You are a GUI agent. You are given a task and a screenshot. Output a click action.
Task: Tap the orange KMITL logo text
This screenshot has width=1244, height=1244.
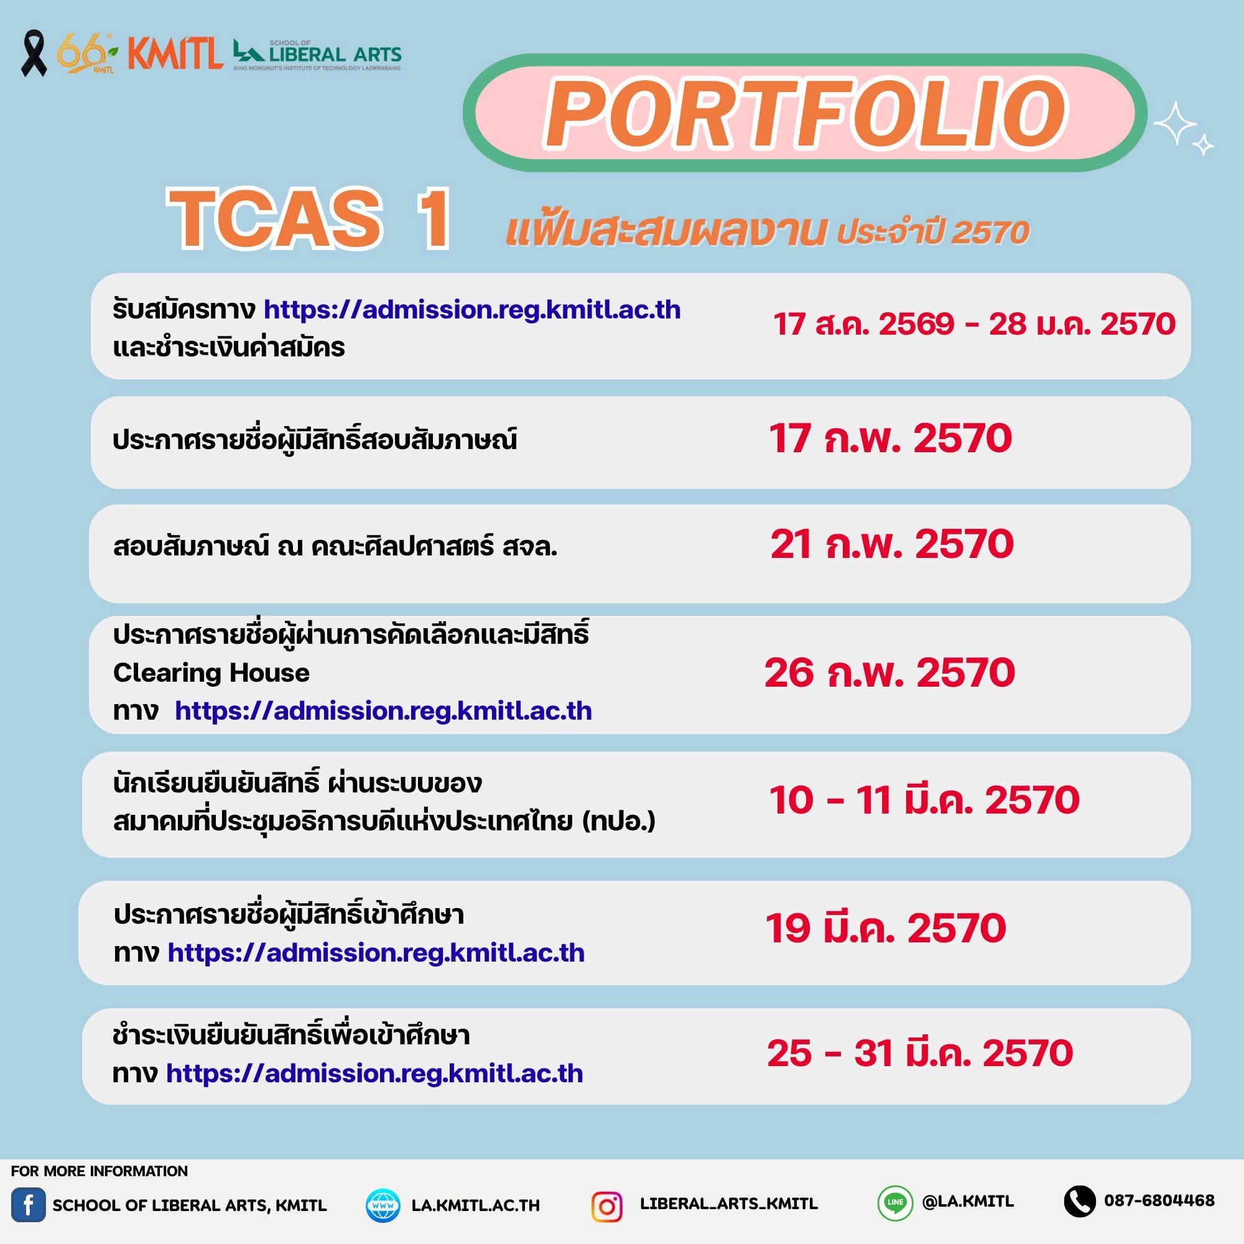(175, 53)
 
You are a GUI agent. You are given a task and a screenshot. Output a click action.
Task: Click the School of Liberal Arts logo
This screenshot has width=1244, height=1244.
(317, 55)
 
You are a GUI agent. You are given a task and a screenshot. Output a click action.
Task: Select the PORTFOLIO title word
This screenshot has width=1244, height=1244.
(805, 113)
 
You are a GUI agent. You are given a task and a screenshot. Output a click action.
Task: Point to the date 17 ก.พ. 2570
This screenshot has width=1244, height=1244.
(891, 438)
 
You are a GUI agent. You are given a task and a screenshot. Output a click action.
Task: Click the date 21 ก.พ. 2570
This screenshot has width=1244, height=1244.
(892, 544)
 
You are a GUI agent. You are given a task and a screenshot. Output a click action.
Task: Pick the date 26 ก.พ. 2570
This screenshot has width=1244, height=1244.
(890, 673)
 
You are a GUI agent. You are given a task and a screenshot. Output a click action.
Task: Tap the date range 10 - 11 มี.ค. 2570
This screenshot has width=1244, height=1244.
(924, 800)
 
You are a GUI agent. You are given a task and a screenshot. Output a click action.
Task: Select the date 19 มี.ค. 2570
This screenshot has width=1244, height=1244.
(885, 928)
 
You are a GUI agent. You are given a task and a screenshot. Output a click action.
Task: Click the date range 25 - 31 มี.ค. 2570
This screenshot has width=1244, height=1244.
(919, 1054)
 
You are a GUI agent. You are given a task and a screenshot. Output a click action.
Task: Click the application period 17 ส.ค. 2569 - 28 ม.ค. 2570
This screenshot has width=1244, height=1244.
(974, 323)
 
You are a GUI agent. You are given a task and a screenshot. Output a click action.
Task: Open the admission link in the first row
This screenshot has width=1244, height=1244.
(472, 310)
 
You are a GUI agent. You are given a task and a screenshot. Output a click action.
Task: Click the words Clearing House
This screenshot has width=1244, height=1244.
(211, 673)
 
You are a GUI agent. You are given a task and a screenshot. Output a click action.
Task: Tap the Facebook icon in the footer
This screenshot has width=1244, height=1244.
(29, 1205)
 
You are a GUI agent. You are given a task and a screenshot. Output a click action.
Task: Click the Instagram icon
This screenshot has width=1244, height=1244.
(606, 1207)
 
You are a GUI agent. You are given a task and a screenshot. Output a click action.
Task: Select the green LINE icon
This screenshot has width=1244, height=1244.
(895, 1203)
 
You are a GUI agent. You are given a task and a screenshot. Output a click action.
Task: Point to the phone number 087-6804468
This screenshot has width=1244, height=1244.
(1159, 1200)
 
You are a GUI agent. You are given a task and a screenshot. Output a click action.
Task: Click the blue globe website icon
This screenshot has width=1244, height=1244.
(383, 1205)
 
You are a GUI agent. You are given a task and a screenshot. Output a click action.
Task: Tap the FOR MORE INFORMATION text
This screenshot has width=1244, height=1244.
(99, 1171)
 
